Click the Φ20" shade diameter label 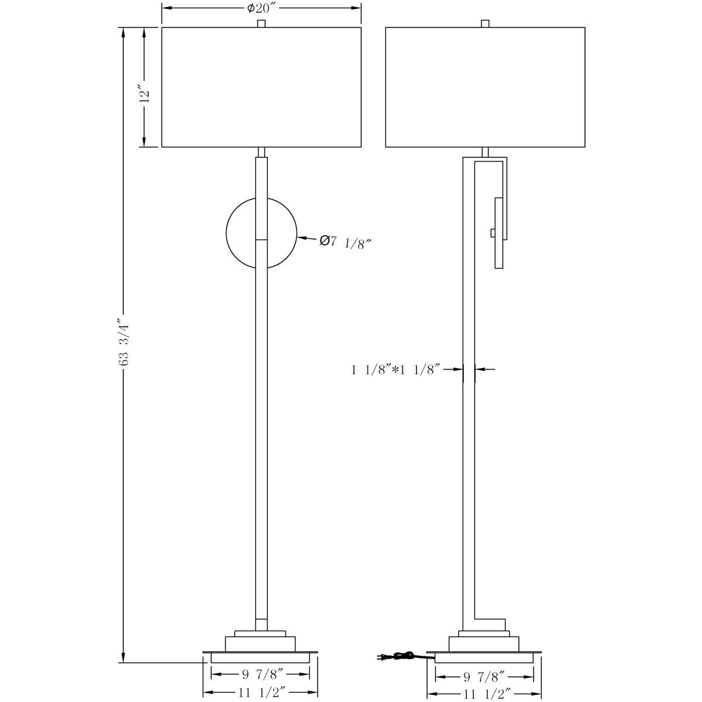[x=261, y=8]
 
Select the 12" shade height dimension [x=146, y=94]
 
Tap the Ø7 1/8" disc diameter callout [x=346, y=242]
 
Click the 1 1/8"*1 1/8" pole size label [x=395, y=369]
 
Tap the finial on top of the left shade [x=261, y=23]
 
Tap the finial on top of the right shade [x=485, y=23]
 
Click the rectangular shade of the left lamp [x=261, y=87]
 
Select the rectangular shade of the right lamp [x=485, y=87]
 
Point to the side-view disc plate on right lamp [x=498, y=233]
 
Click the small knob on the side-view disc [x=492, y=233]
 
